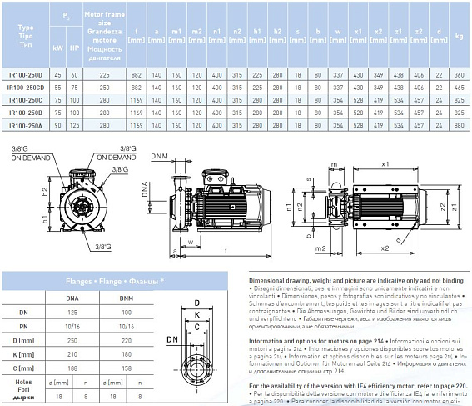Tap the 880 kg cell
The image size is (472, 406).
coord(459,125)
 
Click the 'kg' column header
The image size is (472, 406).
coord(459,36)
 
